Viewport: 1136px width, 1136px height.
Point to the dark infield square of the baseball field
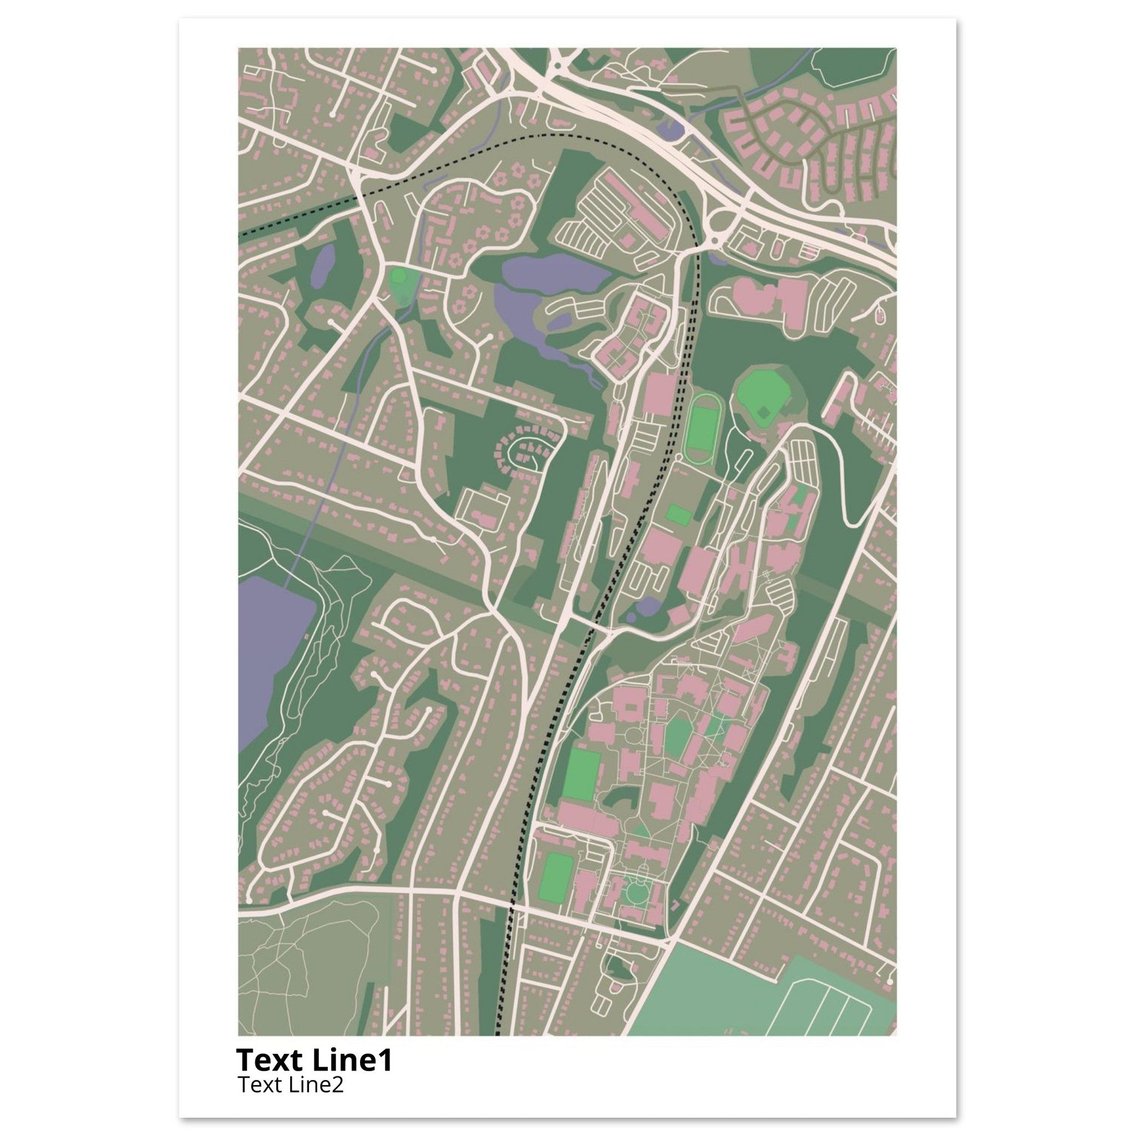coord(763,414)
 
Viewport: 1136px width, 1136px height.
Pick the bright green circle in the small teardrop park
coord(399,276)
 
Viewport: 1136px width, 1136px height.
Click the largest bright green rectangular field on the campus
coord(580,774)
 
